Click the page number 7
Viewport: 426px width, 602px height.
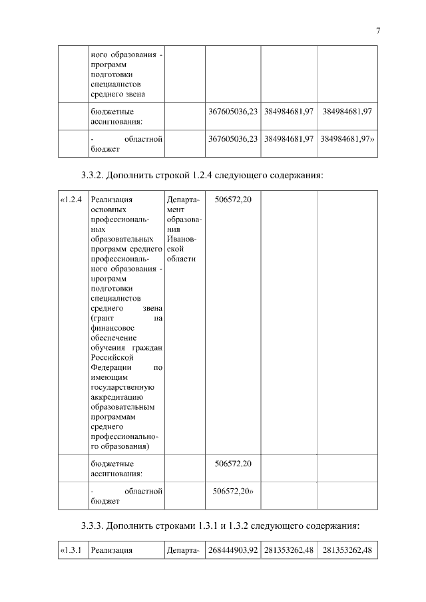377,31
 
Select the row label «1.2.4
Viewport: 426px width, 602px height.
71,199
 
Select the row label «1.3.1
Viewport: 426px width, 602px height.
71,550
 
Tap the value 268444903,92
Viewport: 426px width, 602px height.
232,550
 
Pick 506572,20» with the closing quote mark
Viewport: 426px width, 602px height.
234,492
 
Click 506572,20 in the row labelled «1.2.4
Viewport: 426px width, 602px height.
232,199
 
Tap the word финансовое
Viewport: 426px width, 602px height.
112,327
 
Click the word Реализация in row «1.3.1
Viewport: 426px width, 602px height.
112,550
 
